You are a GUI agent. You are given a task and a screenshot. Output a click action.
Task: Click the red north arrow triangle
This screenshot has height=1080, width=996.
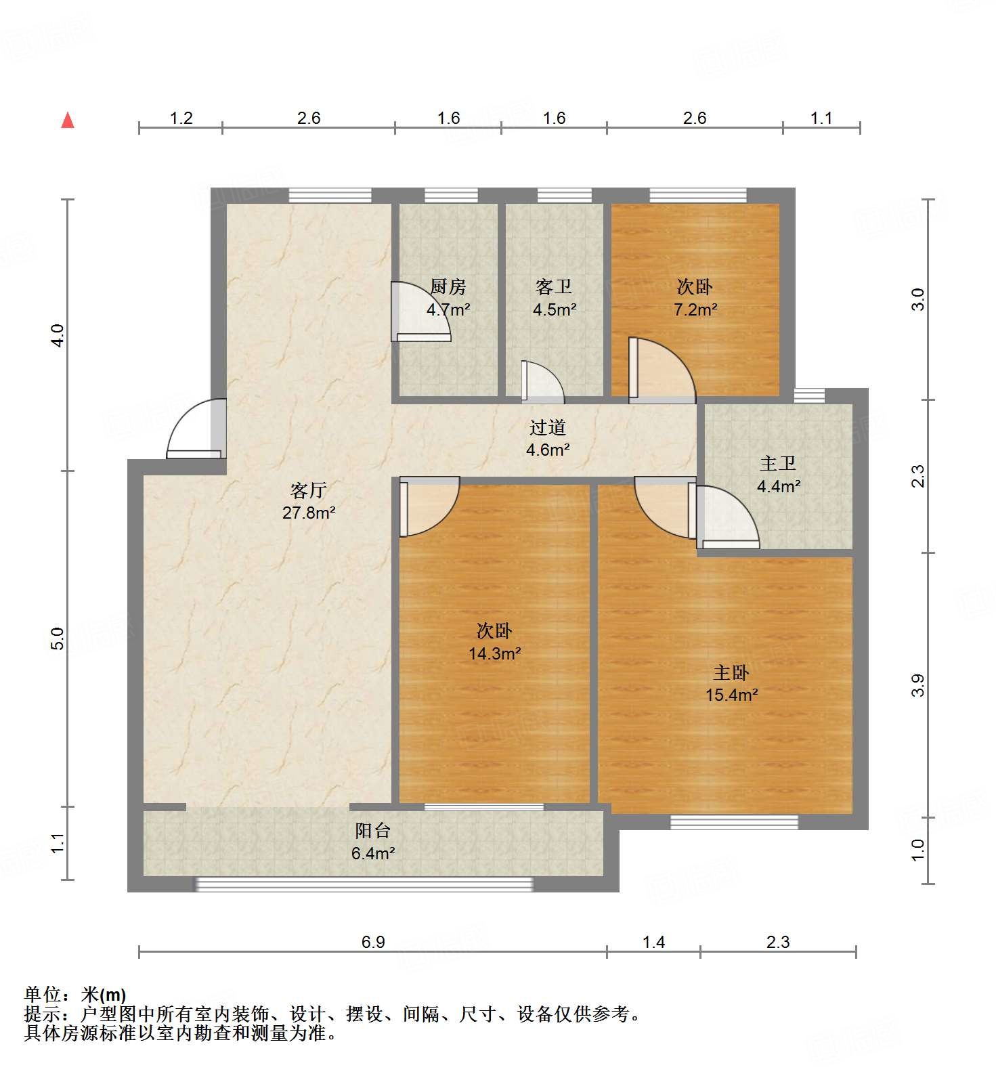pos(68,121)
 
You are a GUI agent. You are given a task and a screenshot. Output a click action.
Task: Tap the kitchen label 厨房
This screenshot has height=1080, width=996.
pos(448,287)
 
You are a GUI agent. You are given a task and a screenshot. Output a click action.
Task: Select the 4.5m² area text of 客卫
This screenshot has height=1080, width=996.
pos(555,310)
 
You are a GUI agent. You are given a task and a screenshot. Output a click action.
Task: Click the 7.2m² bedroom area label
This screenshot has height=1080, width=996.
pos(695,310)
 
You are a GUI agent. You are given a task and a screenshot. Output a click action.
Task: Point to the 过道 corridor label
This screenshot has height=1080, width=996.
pos(547,427)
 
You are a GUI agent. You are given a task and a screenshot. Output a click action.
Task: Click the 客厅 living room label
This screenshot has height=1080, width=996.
pos(309,490)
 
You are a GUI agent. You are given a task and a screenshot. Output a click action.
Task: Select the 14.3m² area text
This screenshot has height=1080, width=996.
pos(494,654)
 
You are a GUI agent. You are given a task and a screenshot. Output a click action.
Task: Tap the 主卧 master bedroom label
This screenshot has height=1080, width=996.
pos(731,672)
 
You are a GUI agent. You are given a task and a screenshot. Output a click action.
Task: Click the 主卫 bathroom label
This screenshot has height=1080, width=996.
pos(777,463)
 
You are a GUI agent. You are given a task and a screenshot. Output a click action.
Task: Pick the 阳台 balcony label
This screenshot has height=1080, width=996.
pos(372,830)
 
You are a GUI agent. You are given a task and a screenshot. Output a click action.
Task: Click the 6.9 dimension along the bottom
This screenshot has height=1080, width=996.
pos(373,942)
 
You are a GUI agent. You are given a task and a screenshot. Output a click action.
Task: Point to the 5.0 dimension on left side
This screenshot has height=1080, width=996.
pos(58,639)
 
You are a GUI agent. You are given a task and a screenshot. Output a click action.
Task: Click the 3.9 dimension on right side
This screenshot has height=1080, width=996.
pos(917,685)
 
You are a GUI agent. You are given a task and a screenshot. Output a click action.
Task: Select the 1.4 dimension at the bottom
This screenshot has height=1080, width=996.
pos(653,942)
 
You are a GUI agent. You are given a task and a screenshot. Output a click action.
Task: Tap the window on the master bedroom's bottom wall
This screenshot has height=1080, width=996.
pos(734,822)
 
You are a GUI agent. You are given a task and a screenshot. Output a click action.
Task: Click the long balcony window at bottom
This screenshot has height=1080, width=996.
pos(364,884)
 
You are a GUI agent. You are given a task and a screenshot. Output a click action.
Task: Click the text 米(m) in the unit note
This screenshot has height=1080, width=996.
pos(103,995)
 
